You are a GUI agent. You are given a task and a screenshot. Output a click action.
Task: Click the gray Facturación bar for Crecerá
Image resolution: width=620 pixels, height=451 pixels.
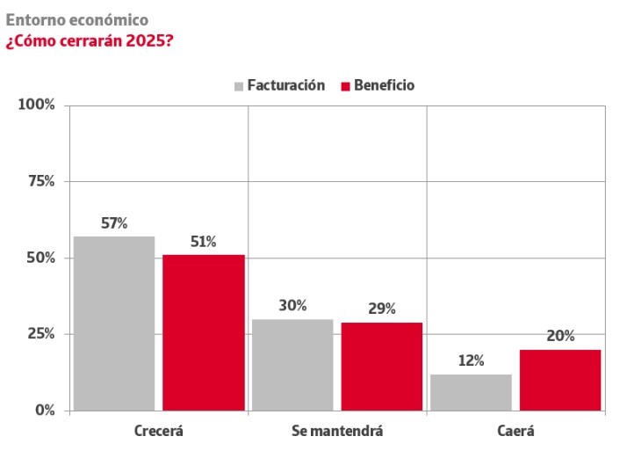(x=114, y=323)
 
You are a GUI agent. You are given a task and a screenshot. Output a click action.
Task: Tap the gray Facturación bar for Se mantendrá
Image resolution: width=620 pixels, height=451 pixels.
(x=292, y=364)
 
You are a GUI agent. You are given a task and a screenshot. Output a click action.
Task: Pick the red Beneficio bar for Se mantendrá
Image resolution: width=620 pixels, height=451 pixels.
(x=382, y=366)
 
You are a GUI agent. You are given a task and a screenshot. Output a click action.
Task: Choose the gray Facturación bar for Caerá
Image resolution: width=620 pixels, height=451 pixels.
(x=471, y=392)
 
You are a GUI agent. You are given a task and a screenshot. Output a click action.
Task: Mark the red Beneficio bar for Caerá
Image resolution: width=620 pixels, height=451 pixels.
(x=560, y=380)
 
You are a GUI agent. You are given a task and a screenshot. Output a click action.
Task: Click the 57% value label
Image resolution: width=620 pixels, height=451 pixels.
(x=114, y=223)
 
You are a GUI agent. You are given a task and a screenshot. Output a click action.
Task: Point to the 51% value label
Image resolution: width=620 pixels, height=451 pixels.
(x=204, y=242)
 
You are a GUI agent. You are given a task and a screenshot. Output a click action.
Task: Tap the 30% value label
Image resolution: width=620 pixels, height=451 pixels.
(x=292, y=306)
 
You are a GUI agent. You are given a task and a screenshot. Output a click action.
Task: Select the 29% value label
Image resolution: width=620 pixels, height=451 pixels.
(x=382, y=309)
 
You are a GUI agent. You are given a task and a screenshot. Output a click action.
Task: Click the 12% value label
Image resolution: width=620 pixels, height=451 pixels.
(x=471, y=361)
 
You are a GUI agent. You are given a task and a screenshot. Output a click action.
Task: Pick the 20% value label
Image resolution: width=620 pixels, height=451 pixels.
(x=560, y=337)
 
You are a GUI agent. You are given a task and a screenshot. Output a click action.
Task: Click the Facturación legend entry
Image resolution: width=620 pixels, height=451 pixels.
(x=279, y=85)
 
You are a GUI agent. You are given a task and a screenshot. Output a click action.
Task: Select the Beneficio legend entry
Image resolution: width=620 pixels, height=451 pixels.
(x=378, y=85)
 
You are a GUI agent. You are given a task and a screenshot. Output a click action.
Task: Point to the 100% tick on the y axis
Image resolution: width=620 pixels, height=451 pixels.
(x=37, y=105)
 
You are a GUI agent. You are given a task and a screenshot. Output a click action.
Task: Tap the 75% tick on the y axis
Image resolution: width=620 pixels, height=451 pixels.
(x=40, y=182)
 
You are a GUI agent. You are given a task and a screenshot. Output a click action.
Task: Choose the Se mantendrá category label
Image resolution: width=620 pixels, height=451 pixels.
(x=337, y=432)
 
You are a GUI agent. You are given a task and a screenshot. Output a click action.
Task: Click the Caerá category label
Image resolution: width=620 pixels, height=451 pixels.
(x=515, y=432)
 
